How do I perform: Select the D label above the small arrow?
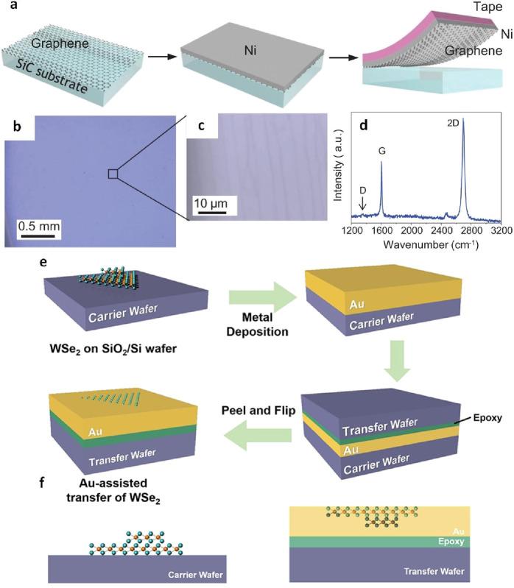[362, 190]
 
